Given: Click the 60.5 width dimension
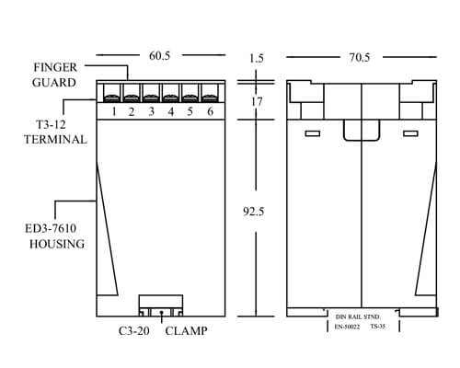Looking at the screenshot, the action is pyautogui.click(x=159, y=56).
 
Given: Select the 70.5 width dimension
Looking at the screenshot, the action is pyautogui.click(x=360, y=57).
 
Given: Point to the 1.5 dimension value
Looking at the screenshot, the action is pyautogui.click(x=257, y=58).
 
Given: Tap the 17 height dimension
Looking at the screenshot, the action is pyautogui.click(x=257, y=101).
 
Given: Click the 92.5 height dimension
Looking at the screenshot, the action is pyautogui.click(x=253, y=212).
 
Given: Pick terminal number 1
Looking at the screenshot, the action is pyautogui.click(x=114, y=111).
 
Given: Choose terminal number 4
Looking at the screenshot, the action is pyautogui.click(x=171, y=111).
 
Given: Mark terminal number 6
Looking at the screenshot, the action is pyautogui.click(x=210, y=111).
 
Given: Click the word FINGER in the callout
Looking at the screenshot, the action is pyautogui.click(x=55, y=67).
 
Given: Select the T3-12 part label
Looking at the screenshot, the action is pyautogui.click(x=51, y=124).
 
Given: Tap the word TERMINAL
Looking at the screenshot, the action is pyautogui.click(x=55, y=140).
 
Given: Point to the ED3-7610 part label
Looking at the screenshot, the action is pyautogui.click(x=51, y=228).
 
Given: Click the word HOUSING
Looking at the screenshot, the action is pyautogui.click(x=57, y=244).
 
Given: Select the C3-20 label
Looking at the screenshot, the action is pyautogui.click(x=134, y=331).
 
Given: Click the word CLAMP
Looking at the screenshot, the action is pyautogui.click(x=186, y=331).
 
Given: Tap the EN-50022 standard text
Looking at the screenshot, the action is pyautogui.click(x=347, y=327).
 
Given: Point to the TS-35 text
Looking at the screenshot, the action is pyautogui.click(x=377, y=327).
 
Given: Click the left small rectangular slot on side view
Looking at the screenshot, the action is pyautogui.click(x=313, y=133).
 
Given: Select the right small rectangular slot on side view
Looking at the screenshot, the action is pyautogui.click(x=410, y=133).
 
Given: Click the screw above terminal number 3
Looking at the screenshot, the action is pyautogui.click(x=151, y=98).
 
